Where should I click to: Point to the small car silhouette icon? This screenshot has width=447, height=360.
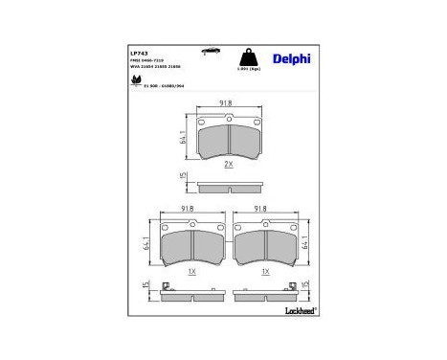pyautogui.click(x=208, y=46)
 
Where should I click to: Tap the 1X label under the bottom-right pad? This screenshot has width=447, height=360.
pyautogui.click(x=265, y=272)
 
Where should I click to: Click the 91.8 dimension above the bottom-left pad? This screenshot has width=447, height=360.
pyautogui.click(x=190, y=207)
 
